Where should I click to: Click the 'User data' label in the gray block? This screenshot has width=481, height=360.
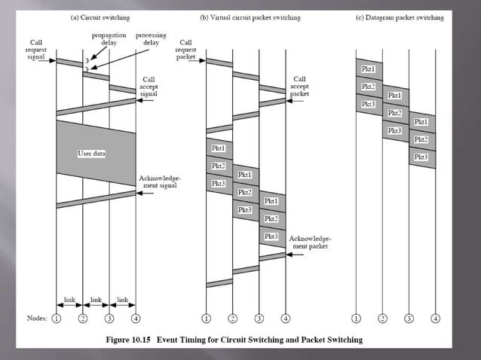click(92, 153)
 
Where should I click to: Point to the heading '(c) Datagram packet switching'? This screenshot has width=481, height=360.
click(397, 17)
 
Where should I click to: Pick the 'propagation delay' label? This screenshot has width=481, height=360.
click(109, 39)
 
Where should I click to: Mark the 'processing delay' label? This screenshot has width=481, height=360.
click(151, 39)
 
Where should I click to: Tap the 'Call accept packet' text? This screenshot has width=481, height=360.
click(299, 87)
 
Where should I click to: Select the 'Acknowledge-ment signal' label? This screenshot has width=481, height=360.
click(158, 182)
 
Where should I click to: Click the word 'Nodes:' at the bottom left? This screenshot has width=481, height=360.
click(35, 318)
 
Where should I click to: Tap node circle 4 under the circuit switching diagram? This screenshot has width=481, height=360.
click(136, 318)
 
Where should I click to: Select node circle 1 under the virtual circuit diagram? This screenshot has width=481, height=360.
click(207, 318)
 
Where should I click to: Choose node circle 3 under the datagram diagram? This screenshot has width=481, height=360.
click(409, 318)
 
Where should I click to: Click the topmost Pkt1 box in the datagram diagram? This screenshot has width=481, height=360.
click(368, 69)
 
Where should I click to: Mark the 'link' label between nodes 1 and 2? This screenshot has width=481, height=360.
click(69, 300)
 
